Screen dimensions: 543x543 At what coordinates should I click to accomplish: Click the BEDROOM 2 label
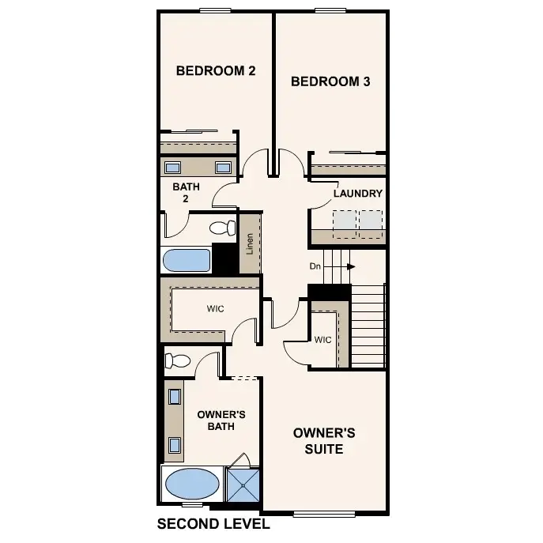pos(215,71)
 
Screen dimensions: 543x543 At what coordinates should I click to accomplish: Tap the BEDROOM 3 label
pos(330,81)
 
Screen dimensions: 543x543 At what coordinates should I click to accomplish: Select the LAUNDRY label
pos(357,194)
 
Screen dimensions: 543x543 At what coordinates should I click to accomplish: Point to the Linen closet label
pos(250,243)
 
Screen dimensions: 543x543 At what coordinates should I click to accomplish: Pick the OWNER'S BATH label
pos(216,420)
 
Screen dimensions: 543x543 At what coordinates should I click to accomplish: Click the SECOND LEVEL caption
pos(213,524)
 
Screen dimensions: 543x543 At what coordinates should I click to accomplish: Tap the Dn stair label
pos(315,266)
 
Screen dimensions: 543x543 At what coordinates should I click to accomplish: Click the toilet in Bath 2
pos(223,228)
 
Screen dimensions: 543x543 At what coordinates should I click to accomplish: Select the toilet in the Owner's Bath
pos(177,361)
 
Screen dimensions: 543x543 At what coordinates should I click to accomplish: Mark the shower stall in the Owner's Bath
pos(243,484)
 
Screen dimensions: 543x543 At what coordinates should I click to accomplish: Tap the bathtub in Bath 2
pos(187,260)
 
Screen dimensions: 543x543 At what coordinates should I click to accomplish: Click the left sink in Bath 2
pos(172,168)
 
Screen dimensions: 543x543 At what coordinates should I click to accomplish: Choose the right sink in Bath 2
pos(224,168)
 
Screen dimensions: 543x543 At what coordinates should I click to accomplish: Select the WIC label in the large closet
pos(216,309)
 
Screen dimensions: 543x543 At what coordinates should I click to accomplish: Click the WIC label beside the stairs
pos(322,341)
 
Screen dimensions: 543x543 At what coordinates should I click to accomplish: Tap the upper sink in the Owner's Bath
pos(174,398)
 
